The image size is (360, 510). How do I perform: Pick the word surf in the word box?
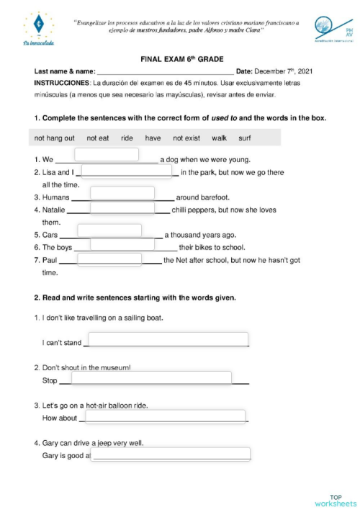(x=245, y=138)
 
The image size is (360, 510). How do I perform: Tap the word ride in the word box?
(x=127, y=138)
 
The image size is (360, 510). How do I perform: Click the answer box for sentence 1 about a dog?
(x=107, y=154)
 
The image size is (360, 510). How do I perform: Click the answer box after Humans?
(x=122, y=192)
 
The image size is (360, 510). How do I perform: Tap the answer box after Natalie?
(x=122, y=208)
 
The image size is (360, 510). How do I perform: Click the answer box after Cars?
(x=109, y=231)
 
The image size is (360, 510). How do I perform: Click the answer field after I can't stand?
(x=168, y=339)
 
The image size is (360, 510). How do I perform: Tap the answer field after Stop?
(x=150, y=378)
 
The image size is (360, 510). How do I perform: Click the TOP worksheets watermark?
(x=335, y=500)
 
